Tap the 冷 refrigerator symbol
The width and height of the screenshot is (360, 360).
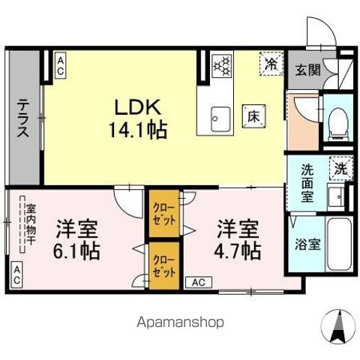click(270, 64)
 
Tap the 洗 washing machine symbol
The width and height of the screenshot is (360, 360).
click(340, 169)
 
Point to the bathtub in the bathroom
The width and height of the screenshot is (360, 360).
click(340, 247)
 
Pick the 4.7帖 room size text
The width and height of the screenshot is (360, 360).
click(238, 249)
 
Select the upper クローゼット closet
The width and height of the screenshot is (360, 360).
click(163, 214)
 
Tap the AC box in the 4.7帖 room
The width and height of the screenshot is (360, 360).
click(198, 282)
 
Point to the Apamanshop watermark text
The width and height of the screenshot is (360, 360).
click(179, 322)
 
